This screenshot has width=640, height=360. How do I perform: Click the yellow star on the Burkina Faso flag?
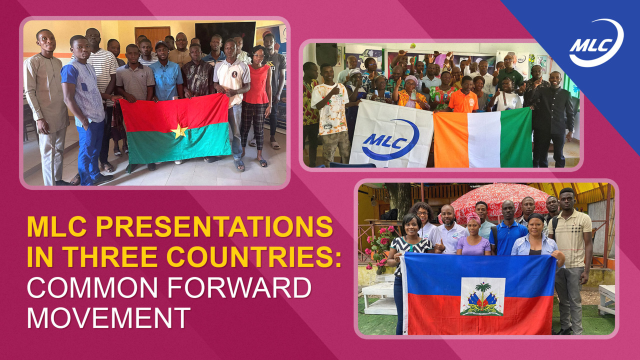179,131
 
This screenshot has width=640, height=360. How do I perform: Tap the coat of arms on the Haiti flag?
482,297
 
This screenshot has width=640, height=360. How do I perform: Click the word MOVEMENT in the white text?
109,317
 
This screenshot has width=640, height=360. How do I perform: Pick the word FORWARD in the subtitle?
239,287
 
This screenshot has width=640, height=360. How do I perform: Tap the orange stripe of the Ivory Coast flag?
451,140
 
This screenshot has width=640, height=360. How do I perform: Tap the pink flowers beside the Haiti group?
378,245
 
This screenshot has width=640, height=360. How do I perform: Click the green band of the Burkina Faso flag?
178,145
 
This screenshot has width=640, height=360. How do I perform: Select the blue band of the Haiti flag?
479,273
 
